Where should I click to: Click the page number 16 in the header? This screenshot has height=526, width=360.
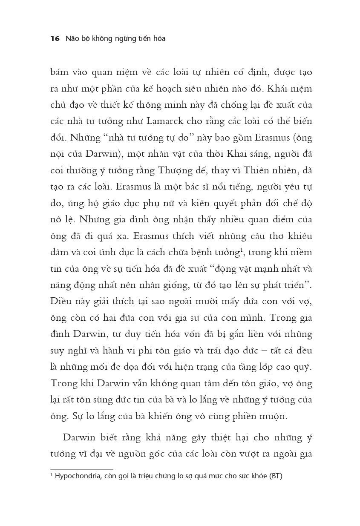point(55,39)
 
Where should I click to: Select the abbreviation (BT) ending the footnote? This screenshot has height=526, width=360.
point(275,476)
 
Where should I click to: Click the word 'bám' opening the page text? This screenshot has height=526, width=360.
point(59,72)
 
